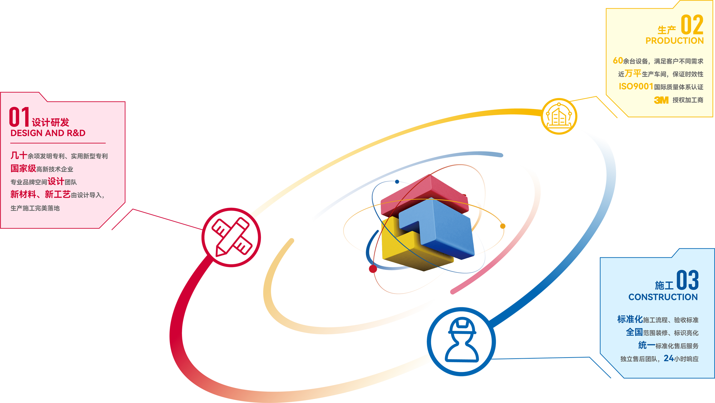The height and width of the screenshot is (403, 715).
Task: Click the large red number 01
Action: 19,117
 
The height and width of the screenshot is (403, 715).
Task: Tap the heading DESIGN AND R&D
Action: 48,133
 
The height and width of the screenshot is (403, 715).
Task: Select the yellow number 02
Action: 692,25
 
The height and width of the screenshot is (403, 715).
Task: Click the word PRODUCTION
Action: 674,41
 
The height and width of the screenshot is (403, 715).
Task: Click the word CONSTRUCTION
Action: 663,297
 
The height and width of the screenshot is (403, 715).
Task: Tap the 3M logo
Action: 661,100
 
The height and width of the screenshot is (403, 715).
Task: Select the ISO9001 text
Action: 636,87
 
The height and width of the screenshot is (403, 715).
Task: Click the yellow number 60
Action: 618,61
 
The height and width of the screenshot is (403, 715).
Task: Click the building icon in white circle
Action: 559,116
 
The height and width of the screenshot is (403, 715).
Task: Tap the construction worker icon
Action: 461,341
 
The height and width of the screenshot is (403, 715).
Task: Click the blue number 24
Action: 669,358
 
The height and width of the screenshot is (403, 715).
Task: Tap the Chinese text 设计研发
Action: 50,123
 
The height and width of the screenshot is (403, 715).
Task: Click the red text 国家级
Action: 23,168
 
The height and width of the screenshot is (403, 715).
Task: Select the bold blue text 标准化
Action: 630,319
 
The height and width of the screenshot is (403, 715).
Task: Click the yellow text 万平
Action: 633,74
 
